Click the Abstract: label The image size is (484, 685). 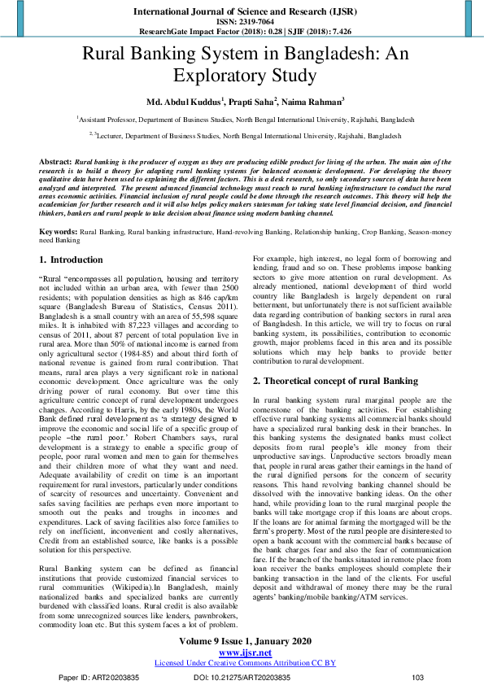[x=55, y=162]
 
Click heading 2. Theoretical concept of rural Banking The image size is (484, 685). [x=337, y=381]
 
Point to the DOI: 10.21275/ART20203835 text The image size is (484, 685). [x=241, y=677]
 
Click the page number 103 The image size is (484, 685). [x=418, y=677]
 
